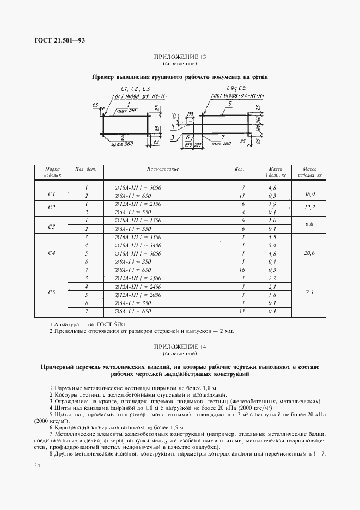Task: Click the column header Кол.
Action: point(239,169)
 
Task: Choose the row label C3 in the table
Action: point(52,226)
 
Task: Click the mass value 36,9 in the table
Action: point(309,193)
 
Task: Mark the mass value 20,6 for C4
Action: point(309,253)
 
